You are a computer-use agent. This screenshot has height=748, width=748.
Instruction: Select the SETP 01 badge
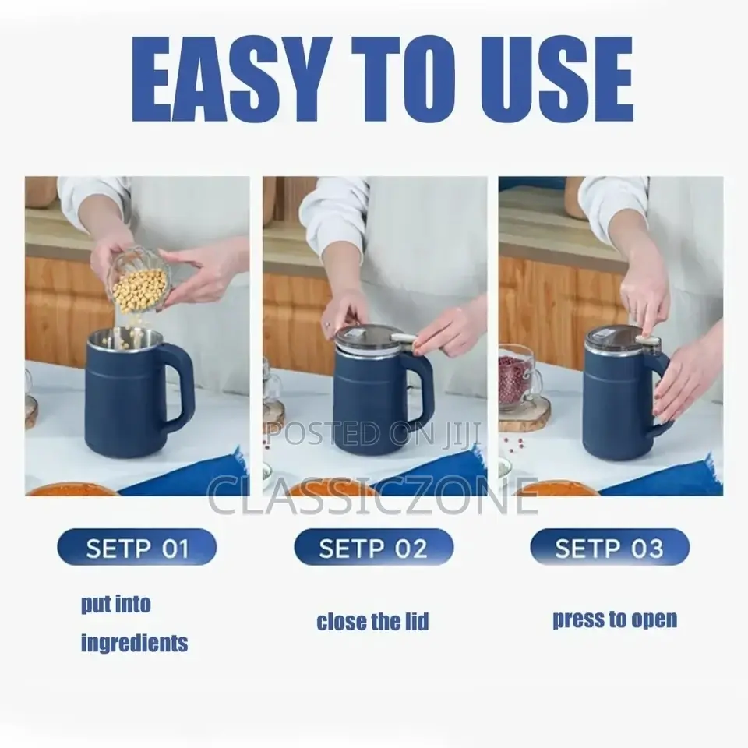pyautogui.click(x=137, y=548)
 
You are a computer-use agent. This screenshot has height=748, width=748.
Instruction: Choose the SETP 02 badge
pyautogui.click(x=373, y=548)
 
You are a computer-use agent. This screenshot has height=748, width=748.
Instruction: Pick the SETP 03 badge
pyautogui.click(x=609, y=548)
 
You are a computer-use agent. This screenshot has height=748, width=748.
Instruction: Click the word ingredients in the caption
pyautogui.click(x=134, y=643)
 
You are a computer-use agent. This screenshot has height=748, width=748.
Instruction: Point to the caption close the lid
pyautogui.click(x=372, y=622)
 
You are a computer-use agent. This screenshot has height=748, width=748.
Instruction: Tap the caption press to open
pyautogui.click(x=615, y=619)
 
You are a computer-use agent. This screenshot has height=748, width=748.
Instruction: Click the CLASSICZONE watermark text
pyautogui.click(x=373, y=497)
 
